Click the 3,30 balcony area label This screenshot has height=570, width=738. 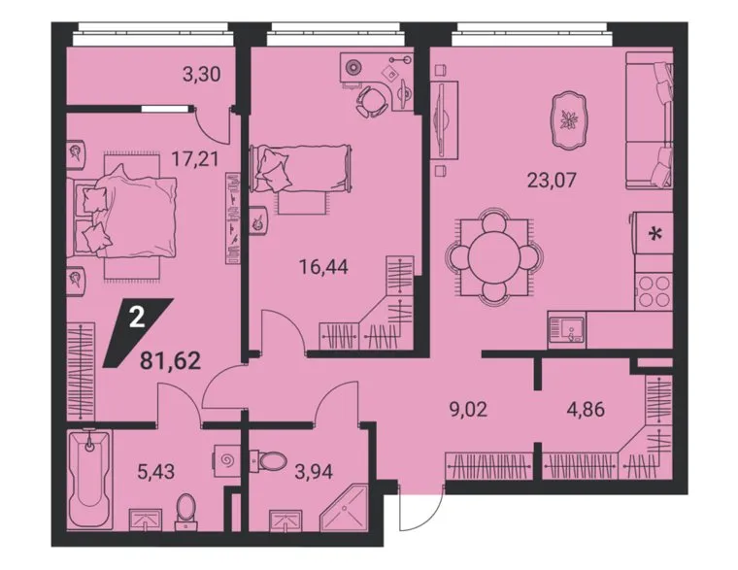click(x=201, y=75)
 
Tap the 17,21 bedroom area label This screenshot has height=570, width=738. click(x=194, y=159)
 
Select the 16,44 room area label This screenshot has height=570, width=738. click(x=323, y=267)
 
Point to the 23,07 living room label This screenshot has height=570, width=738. click(x=552, y=180)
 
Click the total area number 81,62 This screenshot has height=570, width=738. click(x=170, y=361)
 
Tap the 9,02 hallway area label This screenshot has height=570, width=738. click(x=468, y=409)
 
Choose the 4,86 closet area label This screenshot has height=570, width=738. click(x=586, y=409)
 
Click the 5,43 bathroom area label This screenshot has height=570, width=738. click(x=155, y=471)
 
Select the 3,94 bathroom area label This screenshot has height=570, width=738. click(x=314, y=471)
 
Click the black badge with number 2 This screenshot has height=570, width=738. click(x=137, y=332)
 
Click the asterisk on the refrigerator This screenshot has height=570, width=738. click(x=654, y=233)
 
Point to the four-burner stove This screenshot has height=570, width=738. click(x=654, y=291)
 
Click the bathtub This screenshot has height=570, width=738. click(x=89, y=479)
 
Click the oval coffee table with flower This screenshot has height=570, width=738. click(x=570, y=120)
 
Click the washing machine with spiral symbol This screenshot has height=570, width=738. click(x=226, y=459)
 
